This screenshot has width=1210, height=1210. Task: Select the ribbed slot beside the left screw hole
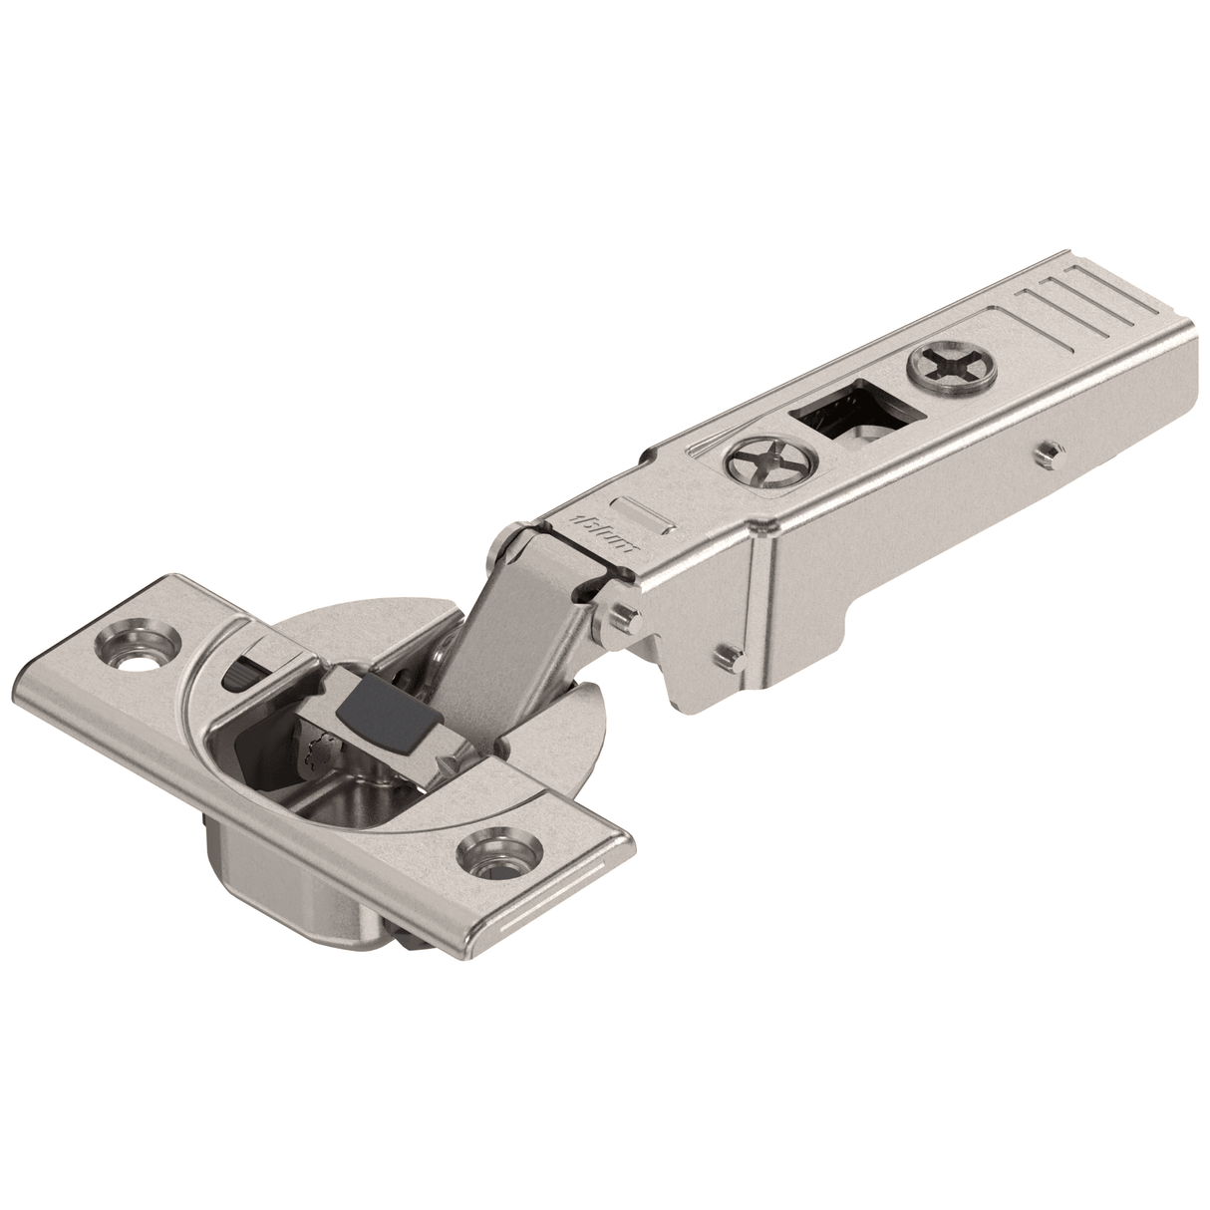click(x=247, y=671)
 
